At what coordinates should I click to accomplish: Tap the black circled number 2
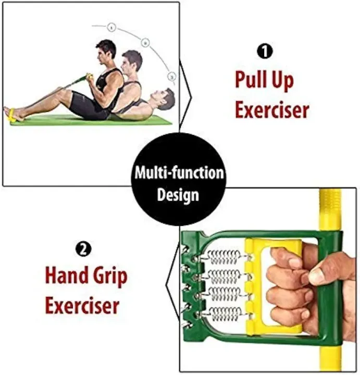83,249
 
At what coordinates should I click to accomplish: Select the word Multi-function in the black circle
179,173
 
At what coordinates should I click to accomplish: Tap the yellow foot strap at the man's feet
11,115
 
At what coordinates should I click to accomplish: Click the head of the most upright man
107,51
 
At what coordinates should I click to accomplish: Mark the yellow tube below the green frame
331,359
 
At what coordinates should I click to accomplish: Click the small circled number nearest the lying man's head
171,77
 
